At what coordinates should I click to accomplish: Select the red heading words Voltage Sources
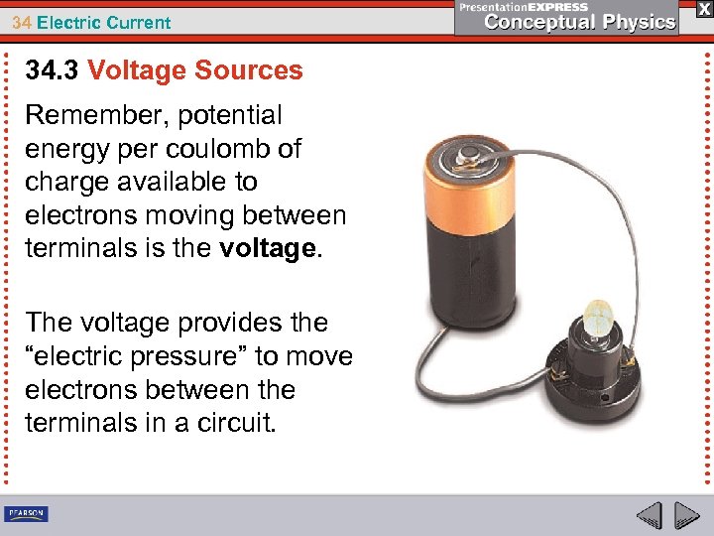click(195, 70)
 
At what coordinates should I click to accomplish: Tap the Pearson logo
click(27, 513)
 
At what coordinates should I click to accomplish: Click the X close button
click(702, 8)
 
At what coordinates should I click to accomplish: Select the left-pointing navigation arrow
click(649, 515)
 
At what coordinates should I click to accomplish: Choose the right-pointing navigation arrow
click(685, 515)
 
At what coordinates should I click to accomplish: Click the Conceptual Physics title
click(580, 22)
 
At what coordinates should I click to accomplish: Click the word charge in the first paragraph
click(66, 182)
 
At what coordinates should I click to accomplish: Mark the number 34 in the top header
click(21, 22)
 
